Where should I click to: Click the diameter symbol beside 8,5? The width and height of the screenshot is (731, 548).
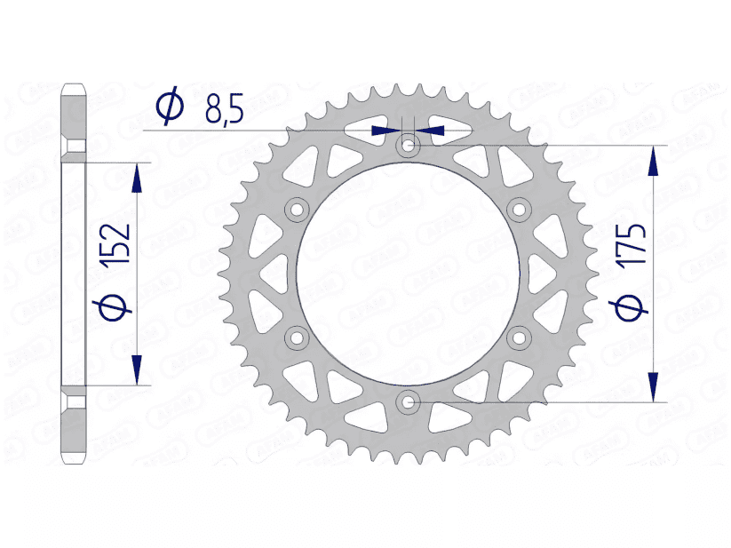(x=169, y=106)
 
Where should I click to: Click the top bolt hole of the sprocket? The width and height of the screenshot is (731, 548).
(x=408, y=144)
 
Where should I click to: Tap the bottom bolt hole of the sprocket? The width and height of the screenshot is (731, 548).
(x=408, y=402)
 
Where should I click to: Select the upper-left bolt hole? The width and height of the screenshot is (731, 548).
(x=296, y=209)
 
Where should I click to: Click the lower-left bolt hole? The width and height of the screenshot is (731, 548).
(x=296, y=338)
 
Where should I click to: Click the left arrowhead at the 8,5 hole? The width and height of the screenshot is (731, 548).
(x=384, y=130)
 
